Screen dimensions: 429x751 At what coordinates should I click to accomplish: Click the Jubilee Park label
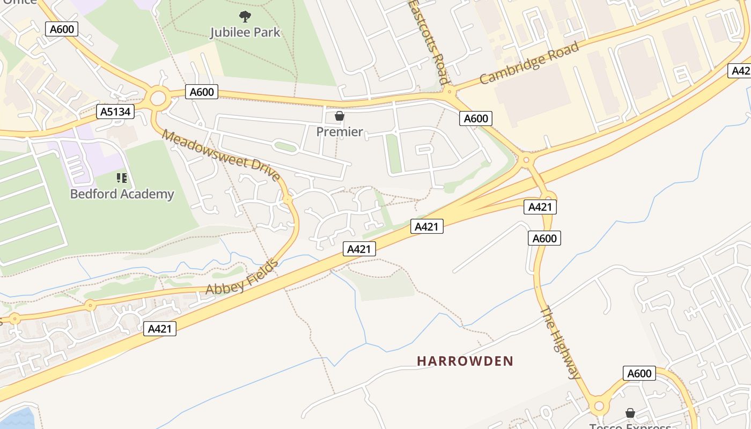pos(245,32)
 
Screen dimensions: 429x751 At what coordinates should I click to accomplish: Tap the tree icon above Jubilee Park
pos(245,17)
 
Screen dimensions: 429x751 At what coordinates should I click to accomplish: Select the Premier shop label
pos(340,131)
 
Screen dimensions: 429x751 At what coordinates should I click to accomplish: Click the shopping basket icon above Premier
pos(340,116)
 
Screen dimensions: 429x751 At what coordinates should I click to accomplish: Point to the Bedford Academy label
pos(122,194)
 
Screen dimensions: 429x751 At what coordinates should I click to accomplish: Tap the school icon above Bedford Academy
pos(122,177)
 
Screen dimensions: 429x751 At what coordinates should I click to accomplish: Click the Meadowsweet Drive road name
pos(221,155)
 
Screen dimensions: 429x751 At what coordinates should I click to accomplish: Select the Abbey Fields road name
pos(242,277)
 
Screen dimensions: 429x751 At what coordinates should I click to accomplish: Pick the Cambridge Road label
pos(529,63)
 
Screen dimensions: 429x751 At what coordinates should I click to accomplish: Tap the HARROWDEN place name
pos(465,361)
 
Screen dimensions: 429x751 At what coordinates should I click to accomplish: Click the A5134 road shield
pos(115,112)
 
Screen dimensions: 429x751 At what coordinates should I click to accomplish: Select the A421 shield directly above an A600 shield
pos(540,207)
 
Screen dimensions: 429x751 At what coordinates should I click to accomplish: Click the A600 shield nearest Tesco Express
pos(639,373)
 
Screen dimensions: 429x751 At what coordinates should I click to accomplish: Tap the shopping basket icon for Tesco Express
pos(630,413)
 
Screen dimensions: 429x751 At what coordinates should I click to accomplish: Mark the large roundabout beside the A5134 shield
pos(158,98)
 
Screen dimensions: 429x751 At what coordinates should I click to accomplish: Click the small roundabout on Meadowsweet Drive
pos(288,199)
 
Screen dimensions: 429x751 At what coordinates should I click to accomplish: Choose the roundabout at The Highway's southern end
pos(599,406)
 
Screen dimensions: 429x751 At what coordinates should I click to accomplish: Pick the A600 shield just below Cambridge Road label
pos(475,119)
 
